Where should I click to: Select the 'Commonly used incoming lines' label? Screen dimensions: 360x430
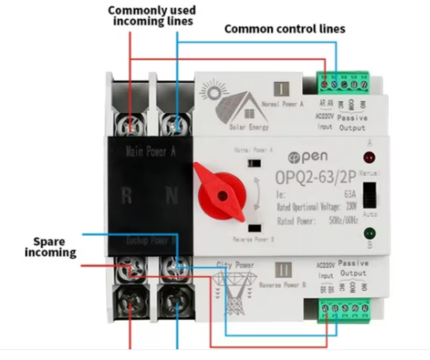tap(152, 16)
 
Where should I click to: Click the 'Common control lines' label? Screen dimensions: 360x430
tap(284, 29)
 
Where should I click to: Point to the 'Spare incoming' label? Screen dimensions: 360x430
tap(55, 247)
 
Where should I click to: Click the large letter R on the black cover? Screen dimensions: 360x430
tap(126, 196)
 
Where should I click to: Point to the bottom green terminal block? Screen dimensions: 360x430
tap(344, 308)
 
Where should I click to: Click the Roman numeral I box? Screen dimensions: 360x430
tap(281, 89)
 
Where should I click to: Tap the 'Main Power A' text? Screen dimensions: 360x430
tap(150, 151)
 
